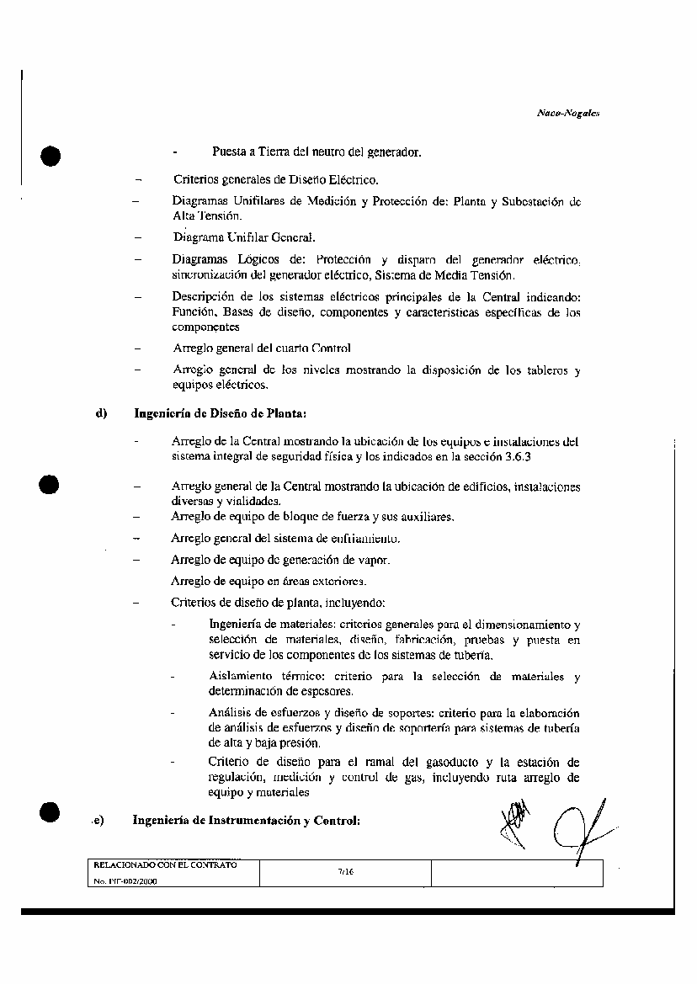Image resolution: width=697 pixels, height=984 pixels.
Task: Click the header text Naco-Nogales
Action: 567,113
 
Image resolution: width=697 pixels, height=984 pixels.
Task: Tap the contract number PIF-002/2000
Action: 125,880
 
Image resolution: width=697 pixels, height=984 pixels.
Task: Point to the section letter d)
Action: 103,413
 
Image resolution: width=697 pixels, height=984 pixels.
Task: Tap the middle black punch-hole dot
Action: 51,486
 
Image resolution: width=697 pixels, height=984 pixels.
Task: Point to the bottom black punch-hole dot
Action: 51,811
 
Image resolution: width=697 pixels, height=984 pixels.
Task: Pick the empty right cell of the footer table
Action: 517,874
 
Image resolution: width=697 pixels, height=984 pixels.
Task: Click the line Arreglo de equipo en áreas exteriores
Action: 269,582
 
